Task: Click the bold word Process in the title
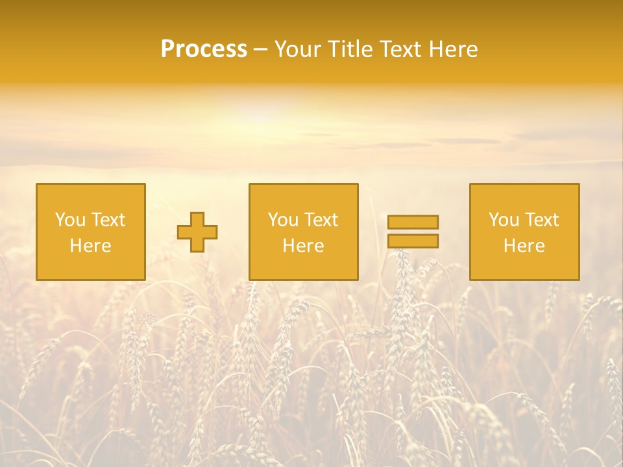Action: tap(204, 49)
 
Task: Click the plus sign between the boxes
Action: tap(197, 232)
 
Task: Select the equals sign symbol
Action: tap(413, 232)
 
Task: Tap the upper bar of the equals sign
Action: tap(413, 222)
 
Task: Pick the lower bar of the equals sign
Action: tap(413, 241)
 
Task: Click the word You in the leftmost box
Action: tap(69, 220)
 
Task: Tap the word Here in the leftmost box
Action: tap(90, 246)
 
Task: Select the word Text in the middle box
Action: tap(321, 220)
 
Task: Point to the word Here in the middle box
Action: tap(303, 246)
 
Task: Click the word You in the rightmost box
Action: tap(503, 220)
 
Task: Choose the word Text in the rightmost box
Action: tap(542, 220)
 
